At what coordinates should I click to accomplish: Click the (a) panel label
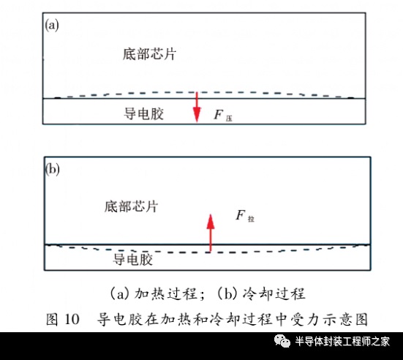tap(52, 26)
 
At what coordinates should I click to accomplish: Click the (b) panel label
tap(53, 170)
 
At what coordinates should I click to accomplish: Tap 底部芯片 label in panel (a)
tap(149, 54)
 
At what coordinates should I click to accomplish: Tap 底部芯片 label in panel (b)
tap(131, 206)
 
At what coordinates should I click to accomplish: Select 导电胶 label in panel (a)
tap(143, 113)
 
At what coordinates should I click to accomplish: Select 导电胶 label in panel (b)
tap(133, 259)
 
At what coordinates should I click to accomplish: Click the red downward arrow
tap(197, 107)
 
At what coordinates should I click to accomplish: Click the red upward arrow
tap(211, 233)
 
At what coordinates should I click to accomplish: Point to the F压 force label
tap(223, 115)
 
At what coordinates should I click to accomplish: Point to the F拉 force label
tap(245, 215)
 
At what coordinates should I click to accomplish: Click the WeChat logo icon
tap(282, 341)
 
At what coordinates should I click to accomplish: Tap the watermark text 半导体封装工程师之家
tap(342, 342)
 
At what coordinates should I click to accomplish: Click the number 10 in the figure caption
tap(72, 319)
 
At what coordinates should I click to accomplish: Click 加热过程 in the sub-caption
tap(166, 293)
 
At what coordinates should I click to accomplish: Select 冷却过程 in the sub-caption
tap(274, 293)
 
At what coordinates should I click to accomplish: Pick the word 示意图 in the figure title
tap(345, 319)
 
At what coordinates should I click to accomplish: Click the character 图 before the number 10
tap(52, 319)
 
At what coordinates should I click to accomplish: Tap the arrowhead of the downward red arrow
tap(197, 115)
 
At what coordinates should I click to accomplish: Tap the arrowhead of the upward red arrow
tap(211, 221)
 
